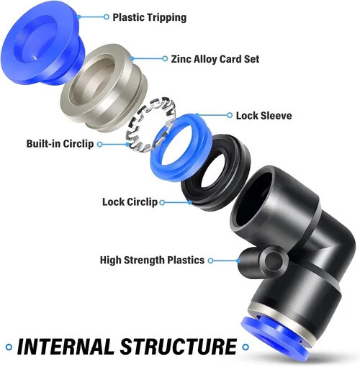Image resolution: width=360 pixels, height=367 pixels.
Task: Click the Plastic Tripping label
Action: pyautogui.click(x=149, y=17)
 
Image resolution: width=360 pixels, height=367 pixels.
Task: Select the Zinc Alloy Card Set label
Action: pyautogui.click(x=215, y=59)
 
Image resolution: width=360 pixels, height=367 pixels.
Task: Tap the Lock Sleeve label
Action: pyautogui.click(x=264, y=116)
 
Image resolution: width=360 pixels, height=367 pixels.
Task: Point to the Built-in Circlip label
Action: pyautogui.click(x=60, y=144)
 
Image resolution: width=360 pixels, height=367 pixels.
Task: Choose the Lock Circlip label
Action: pyautogui.click(x=130, y=202)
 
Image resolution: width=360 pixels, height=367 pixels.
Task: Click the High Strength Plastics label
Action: pyautogui.click(x=152, y=260)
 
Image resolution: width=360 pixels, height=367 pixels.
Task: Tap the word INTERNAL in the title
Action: pyautogui.click(x=65, y=347)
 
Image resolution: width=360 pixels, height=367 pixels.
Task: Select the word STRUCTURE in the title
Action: pyautogui.click(x=179, y=347)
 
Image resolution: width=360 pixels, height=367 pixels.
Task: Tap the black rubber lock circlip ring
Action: pyautogui.click(x=192, y=196)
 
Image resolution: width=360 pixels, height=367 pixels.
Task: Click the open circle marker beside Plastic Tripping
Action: pyautogui.click(x=107, y=17)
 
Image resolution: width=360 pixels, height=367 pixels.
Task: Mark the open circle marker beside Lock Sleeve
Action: pyautogui.click(x=230, y=115)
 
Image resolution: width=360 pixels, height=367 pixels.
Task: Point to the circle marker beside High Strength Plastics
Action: pyautogui.click(x=210, y=260)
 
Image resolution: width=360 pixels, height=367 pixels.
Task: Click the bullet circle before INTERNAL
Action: pyautogui.click(x=9, y=347)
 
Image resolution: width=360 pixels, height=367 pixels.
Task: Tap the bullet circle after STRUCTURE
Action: pyautogui.click(x=246, y=347)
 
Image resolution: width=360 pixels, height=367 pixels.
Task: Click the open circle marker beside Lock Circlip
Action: pyautogui.click(x=162, y=202)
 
